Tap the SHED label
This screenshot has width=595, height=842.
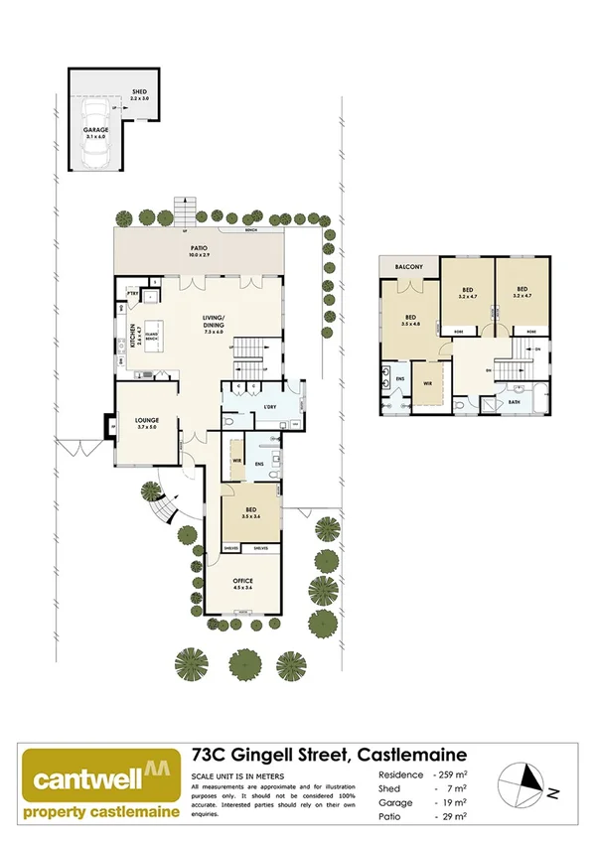pos(139,90)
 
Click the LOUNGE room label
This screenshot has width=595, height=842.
pos(147,420)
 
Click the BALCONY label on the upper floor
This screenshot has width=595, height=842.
pos(408,267)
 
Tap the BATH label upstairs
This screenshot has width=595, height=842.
pos(514,402)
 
